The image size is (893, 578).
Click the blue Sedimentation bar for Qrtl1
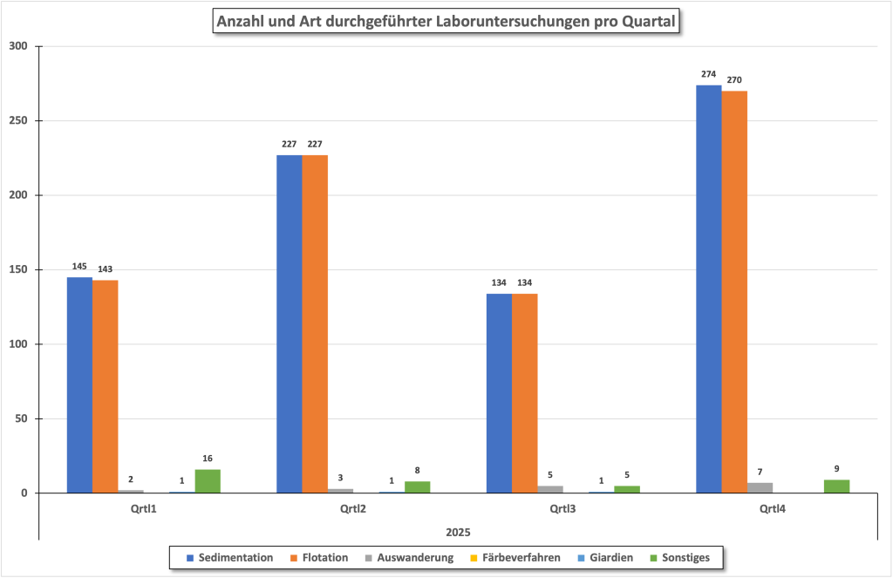[79, 384]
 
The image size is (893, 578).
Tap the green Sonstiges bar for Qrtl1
[208, 481]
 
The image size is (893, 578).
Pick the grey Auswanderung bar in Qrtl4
[760, 487]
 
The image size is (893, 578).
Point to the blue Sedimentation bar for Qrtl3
[499, 393]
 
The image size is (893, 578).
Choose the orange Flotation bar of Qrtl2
[315, 323]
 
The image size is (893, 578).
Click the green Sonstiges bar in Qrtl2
[417, 487]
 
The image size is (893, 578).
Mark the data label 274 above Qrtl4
[708, 74]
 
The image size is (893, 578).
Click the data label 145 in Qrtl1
[79, 266]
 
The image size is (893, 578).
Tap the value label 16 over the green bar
[208, 459]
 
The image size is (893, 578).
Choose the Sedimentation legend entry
[228, 557]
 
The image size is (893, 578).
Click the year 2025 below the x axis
[458, 531]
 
